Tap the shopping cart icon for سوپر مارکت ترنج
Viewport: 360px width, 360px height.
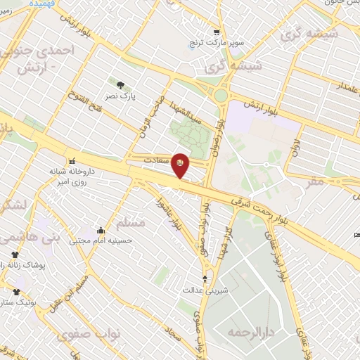click(217, 32)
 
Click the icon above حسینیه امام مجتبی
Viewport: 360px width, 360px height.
click(101, 229)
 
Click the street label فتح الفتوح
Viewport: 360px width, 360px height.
click(83, 107)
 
